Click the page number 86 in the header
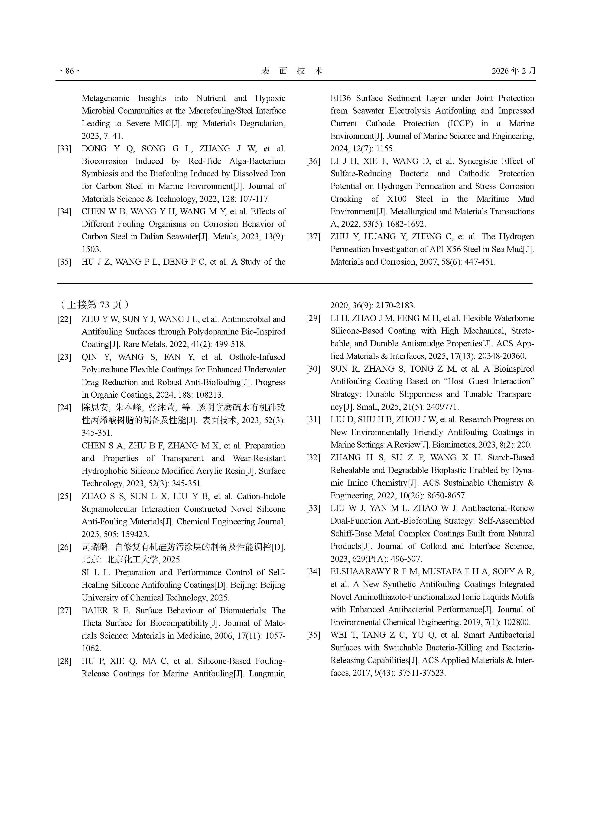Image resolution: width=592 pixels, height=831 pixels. (x=69, y=71)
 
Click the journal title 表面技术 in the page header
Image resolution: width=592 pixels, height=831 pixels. (x=292, y=71)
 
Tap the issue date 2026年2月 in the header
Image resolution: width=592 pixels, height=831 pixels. (x=513, y=71)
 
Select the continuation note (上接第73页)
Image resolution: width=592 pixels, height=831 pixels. (x=94, y=304)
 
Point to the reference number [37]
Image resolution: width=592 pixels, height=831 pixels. (x=313, y=237)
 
